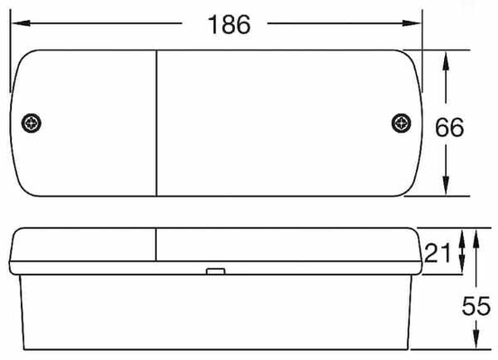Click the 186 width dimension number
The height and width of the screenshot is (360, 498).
[x=229, y=24]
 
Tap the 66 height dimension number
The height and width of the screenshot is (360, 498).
[x=449, y=127]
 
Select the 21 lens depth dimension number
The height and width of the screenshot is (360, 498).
[x=438, y=253]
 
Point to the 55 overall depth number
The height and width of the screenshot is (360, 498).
[x=476, y=306]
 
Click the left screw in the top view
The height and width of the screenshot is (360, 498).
[x=32, y=123]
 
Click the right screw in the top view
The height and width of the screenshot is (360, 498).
[x=401, y=123]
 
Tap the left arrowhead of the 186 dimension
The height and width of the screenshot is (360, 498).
[x=21, y=23]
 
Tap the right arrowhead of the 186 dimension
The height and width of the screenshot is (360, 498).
[x=412, y=23]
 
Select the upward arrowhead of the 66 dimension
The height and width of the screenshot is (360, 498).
[x=446, y=61]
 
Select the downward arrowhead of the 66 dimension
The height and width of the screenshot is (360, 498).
[x=446, y=184]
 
